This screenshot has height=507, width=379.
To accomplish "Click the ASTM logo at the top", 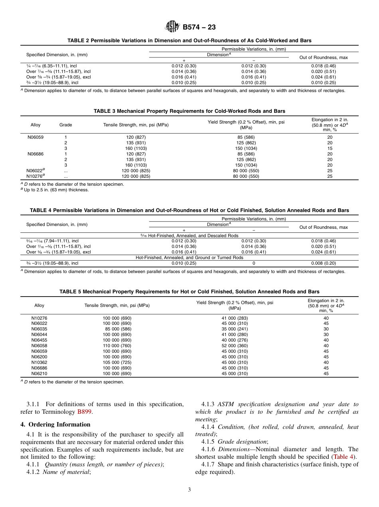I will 172,27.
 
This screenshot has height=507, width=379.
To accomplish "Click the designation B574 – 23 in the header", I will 199,28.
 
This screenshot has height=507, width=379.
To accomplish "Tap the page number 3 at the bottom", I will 189,489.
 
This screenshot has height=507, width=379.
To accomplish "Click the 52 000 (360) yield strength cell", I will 235,346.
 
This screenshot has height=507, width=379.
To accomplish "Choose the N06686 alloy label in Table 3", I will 36,154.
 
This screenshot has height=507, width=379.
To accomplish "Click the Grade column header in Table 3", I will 65,125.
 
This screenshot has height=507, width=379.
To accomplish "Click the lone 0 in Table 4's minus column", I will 254,263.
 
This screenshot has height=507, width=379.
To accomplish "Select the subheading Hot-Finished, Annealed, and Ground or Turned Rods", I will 189,257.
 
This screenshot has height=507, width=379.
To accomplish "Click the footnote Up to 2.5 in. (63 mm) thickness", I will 56,190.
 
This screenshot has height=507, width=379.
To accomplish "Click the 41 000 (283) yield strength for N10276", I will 235,318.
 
